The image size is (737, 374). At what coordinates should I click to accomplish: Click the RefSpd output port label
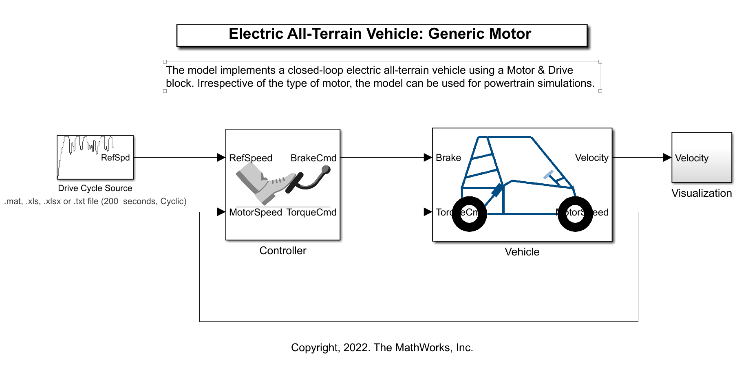[x=115, y=158]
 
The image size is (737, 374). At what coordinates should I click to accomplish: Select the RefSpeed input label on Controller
[x=251, y=158]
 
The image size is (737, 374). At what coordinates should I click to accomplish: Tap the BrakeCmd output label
[x=313, y=158]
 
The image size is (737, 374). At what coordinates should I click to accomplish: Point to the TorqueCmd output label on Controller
[x=311, y=212]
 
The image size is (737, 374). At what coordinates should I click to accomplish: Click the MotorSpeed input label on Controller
[x=256, y=212]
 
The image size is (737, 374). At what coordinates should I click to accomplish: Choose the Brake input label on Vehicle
[x=448, y=158]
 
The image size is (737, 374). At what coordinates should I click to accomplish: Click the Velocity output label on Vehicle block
[x=591, y=158]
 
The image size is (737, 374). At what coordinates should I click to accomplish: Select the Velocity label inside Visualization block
[x=692, y=158]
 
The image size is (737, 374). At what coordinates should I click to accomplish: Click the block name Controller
[x=283, y=251]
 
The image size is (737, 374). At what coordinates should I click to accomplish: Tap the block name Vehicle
[x=522, y=252]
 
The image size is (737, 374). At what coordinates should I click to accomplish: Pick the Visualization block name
[x=702, y=193]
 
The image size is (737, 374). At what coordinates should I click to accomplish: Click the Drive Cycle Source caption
[x=95, y=188]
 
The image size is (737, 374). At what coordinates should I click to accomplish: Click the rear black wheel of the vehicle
[x=469, y=214]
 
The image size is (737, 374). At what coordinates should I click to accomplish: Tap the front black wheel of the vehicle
[x=575, y=214]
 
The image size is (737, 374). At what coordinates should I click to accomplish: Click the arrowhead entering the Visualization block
[x=667, y=158]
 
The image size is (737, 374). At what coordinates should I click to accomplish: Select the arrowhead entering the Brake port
[x=428, y=158]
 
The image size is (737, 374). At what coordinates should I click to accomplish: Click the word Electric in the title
[x=256, y=34]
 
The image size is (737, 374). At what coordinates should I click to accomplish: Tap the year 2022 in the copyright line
[x=355, y=348]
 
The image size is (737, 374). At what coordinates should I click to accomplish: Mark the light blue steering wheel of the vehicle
[x=548, y=175]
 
